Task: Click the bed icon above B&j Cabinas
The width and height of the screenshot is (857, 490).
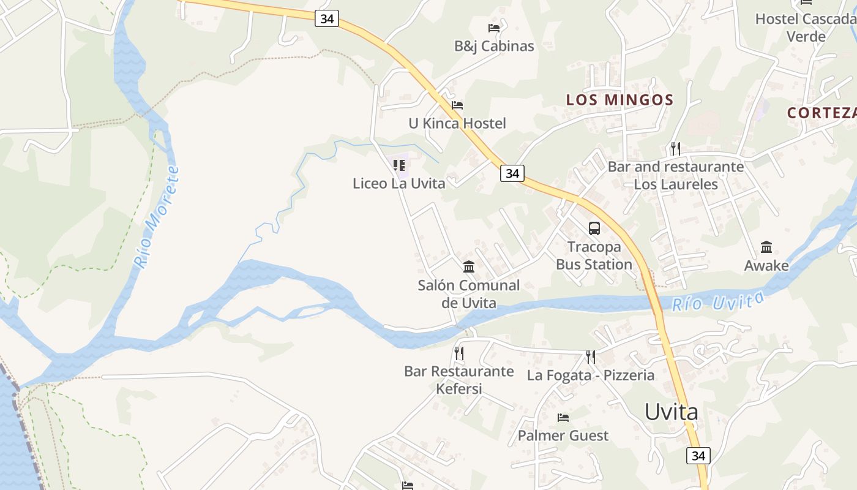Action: [494, 28]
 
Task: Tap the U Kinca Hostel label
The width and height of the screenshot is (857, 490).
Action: [457, 124]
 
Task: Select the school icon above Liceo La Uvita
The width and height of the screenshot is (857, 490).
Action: [399, 165]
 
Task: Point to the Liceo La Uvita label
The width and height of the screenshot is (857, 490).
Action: [399, 183]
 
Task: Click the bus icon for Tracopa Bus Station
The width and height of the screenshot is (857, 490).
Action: [594, 228]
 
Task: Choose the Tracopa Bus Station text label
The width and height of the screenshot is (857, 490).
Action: [594, 256]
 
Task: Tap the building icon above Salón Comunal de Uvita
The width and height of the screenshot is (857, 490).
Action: [469, 266]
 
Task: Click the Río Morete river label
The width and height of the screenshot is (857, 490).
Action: [156, 217]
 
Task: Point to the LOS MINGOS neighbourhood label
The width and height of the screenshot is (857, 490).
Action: [619, 100]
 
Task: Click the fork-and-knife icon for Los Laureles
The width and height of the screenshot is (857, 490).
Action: [675, 148]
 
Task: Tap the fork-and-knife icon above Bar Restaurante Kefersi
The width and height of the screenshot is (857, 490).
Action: [459, 353]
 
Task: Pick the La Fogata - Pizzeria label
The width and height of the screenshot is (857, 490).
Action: [591, 375]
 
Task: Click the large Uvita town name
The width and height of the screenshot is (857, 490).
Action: [672, 412]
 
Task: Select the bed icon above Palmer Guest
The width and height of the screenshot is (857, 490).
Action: [563, 418]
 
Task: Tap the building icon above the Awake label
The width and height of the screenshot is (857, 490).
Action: [766, 247]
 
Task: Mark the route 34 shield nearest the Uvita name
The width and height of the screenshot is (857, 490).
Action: [698, 456]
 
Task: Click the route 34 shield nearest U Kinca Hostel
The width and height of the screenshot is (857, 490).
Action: [512, 173]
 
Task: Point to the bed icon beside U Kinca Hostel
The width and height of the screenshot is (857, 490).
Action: [457, 105]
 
